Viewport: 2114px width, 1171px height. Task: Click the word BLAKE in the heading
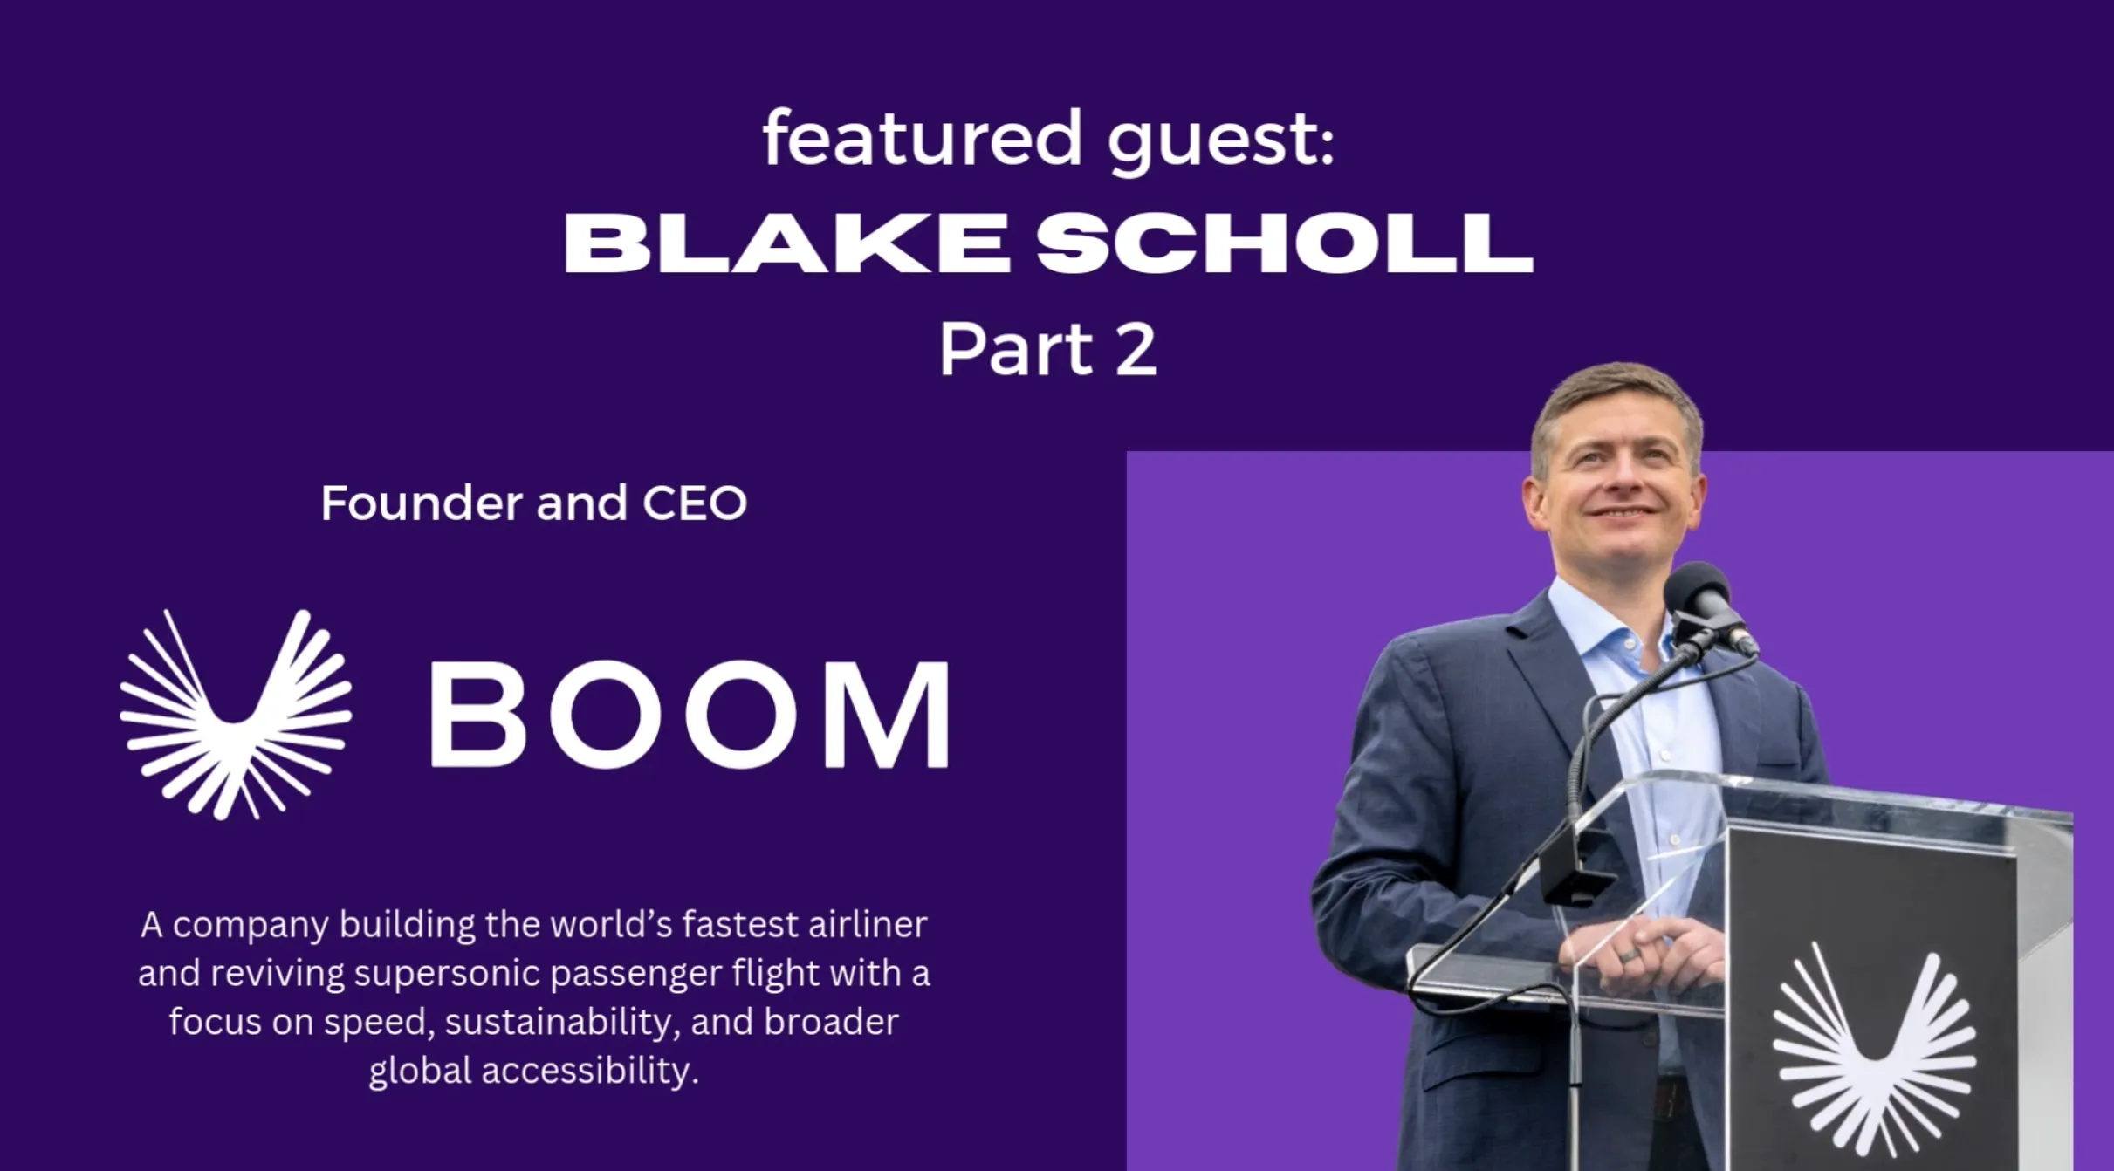[786, 244]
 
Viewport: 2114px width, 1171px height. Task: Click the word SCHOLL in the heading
[1284, 244]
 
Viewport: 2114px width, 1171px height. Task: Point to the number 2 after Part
[1136, 350]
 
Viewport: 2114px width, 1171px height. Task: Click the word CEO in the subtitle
[695, 503]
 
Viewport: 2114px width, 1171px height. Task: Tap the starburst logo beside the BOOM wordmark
[236, 714]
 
